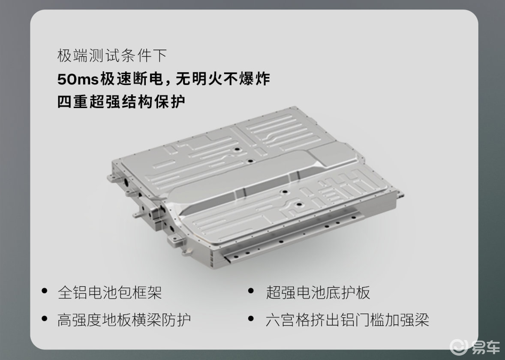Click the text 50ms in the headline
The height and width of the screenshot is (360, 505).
pos(78,79)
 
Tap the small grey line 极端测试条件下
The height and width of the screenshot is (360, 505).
pos(112,55)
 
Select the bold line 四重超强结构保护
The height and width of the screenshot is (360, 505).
pos(121,102)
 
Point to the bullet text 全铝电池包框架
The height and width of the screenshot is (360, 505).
pos(109,292)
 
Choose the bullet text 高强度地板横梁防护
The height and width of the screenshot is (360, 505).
pos(124,320)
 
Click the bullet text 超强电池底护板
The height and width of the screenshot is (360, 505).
pos(318,292)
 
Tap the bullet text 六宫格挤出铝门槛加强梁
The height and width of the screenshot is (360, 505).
pos(348,320)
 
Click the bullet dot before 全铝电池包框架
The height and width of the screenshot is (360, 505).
pos(45,291)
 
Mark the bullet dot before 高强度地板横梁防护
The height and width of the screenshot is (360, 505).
pos(45,318)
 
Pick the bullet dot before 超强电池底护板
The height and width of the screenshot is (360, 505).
pos(251,291)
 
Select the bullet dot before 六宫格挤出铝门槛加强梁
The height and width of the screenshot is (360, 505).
pos(251,318)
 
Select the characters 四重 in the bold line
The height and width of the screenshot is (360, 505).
pos(73,102)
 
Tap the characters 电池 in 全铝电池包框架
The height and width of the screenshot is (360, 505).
pos(102,292)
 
